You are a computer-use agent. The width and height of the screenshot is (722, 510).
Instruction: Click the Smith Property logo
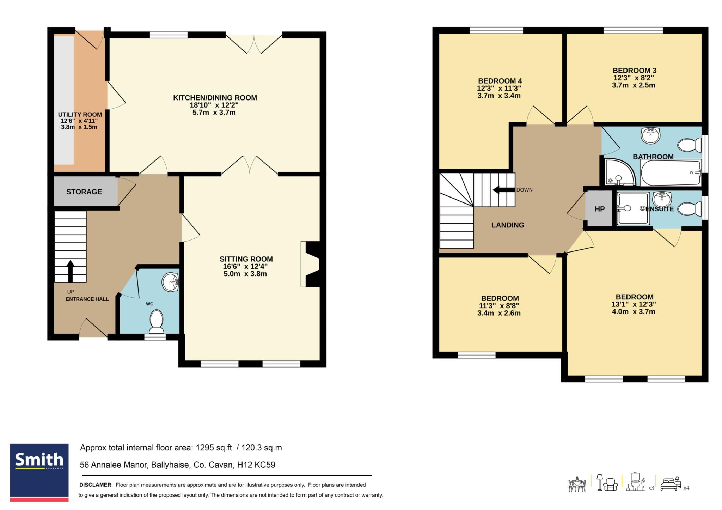(39, 472)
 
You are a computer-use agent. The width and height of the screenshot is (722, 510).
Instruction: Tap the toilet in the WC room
(157, 321)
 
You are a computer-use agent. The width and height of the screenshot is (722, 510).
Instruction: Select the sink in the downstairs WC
(171, 282)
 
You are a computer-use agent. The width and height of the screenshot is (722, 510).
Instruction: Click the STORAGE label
(84, 192)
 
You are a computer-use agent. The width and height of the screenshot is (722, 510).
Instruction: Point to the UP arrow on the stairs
(71, 271)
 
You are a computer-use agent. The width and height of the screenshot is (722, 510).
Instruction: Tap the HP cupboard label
(600, 209)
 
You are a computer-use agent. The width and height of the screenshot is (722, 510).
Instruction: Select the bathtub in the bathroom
(671, 173)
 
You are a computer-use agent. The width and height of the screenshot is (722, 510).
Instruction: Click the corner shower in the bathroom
(619, 172)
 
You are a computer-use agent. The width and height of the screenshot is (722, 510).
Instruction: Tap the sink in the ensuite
(662, 199)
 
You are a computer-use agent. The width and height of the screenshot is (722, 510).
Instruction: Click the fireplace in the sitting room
(310, 264)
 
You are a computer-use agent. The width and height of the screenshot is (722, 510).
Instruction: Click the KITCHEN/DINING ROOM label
(215, 98)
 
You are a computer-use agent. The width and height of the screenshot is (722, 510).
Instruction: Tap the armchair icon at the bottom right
(610, 485)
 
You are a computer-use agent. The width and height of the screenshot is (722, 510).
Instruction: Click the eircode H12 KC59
(256, 465)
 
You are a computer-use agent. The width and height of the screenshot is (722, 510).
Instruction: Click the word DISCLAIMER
(95, 485)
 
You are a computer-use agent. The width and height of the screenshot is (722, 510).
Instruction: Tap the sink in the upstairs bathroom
(650, 136)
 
